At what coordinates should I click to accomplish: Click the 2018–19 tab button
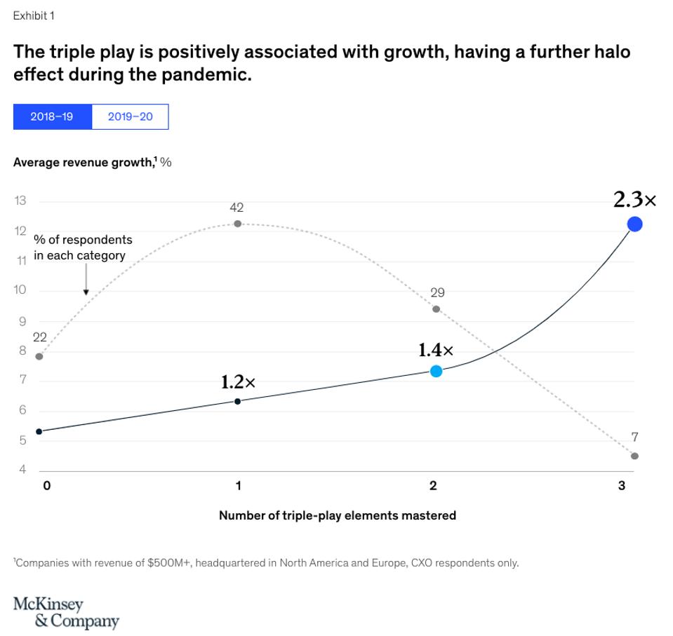click(x=52, y=117)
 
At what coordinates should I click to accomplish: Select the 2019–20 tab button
click(x=130, y=117)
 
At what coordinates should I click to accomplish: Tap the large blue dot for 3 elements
click(x=634, y=224)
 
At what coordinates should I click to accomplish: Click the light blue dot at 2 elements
click(x=436, y=371)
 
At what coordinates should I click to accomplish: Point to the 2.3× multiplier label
click(x=634, y=201)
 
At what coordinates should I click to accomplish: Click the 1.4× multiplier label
click(x=436, y=350)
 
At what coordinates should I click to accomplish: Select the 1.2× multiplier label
click(x=238, y=382)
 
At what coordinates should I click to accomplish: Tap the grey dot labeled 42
click(x=237, y=224)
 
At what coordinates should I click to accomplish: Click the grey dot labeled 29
click(x=436, y=309)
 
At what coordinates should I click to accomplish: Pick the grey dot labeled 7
click(x=634, y=456)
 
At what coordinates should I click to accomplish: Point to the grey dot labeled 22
click(x=39, y=356)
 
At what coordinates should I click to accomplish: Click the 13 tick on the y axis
click(x=20, y=201)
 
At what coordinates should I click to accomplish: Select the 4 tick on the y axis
click(x=22, y=470)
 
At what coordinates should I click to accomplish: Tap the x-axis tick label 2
click(x=433, y=485)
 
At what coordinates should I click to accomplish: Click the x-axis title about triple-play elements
click(x=337, y=515)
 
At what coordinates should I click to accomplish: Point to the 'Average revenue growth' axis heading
click(x=92, y=163)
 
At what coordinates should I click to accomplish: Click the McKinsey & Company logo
click(x=66, y=612)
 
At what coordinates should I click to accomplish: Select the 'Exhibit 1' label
click(x=34, y=15)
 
